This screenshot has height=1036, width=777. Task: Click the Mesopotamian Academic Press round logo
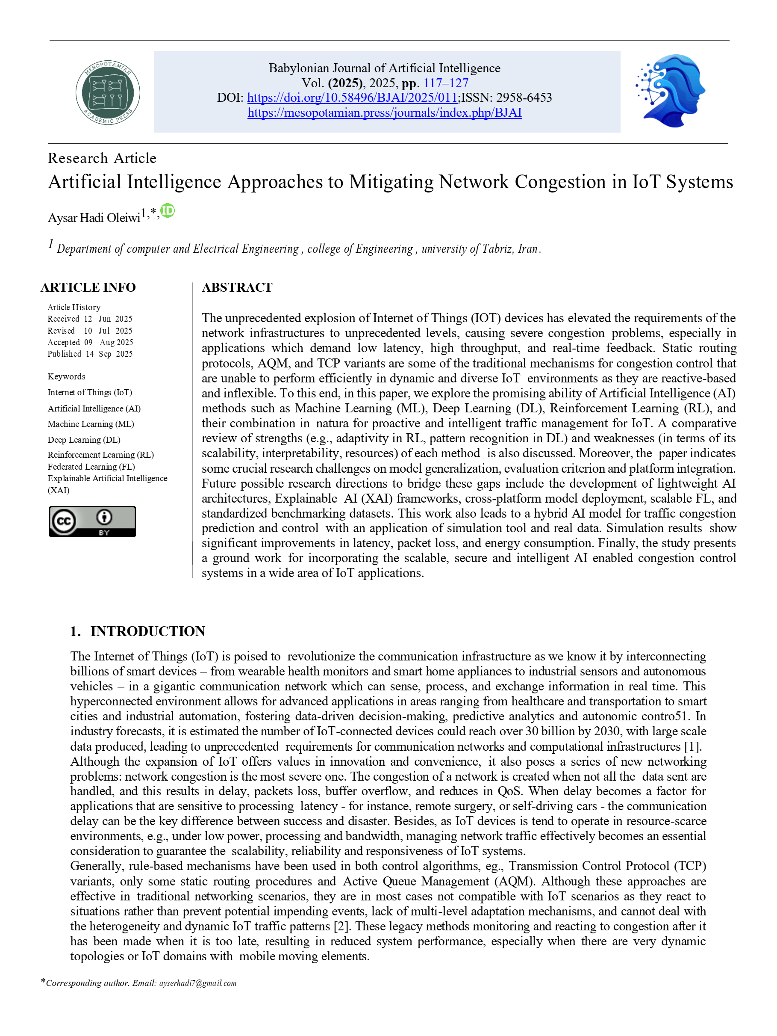click(108, 92)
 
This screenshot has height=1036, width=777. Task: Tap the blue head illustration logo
click(671, 91)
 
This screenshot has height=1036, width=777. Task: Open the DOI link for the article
click(352, 98)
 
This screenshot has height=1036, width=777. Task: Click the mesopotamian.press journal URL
click(384, 113)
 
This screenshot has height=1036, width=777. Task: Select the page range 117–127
click(446, 83)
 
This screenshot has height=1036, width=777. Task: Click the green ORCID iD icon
click(168, 211)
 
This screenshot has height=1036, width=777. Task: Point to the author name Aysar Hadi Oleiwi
click(94, 218)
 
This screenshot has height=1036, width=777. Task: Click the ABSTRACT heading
click(237, 287)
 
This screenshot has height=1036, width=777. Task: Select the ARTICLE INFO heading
click(88, 287)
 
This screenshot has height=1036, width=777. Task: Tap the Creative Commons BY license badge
click(92, 521)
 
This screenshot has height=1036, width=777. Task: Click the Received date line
click(90, 319)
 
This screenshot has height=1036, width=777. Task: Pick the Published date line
click(90, 354)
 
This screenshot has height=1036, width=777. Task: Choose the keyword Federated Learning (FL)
click(91, 467)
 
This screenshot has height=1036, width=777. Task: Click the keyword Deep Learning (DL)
click(84, 440)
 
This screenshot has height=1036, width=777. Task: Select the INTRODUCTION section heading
click(147, 631)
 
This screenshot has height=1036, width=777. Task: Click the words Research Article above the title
click(102, 158)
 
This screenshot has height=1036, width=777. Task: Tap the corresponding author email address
click(197, 983)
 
